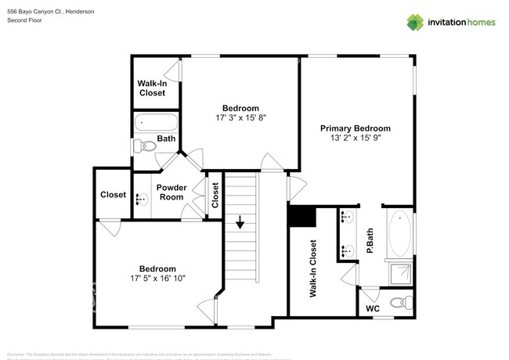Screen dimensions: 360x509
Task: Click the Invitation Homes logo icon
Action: (x=415, y=22)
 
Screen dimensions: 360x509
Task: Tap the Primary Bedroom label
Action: (x=355, y=128)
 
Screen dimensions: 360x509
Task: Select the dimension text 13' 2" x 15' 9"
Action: (x=355, y=139)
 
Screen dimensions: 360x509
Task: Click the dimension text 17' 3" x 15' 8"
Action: (x=240, y=118)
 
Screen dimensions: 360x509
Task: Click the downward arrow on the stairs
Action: (x=240, y=224)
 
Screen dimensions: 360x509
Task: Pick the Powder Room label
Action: (x=171, y=192)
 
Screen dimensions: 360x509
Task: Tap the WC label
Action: (x=373, y=309)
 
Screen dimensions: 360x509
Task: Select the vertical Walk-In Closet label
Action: (x=313, y=268)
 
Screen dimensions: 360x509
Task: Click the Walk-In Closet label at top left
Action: (x=152, y=88)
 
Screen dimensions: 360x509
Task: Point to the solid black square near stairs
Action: (x=301, y=215)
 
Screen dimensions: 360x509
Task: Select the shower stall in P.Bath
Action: (x=399, y=273)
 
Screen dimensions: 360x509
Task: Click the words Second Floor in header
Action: (x=24, y=20)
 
